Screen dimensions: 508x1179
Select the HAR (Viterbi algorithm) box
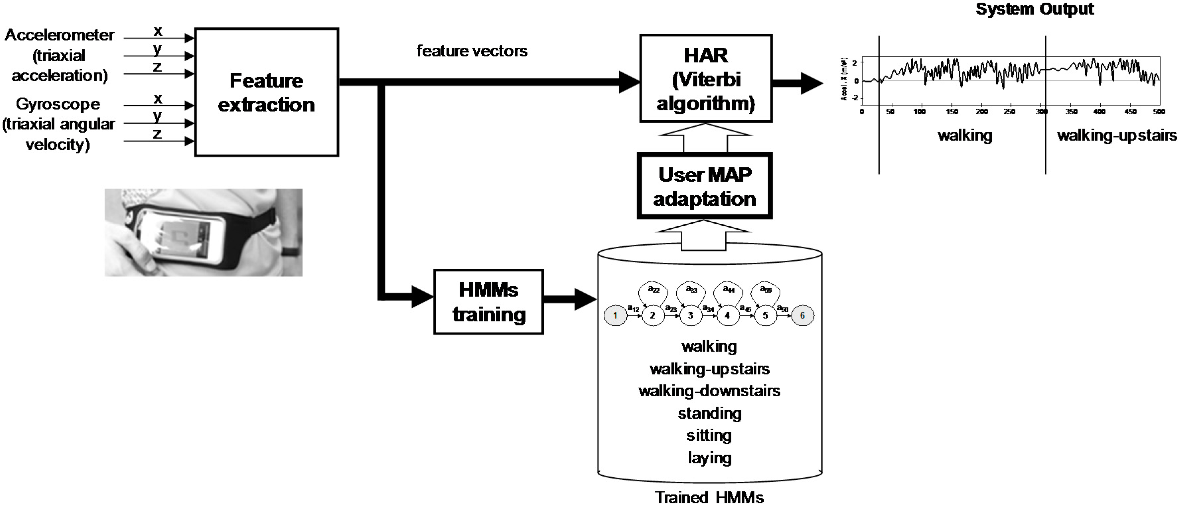[705, 79]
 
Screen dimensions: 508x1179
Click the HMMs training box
[488, 302]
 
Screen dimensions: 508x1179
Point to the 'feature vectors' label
[471, 51]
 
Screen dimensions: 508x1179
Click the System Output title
[1034, 9]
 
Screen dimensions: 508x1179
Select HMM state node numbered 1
[615, 315]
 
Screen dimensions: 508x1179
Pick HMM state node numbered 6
[802, 315]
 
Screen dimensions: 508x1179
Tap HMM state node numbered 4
[727, 315]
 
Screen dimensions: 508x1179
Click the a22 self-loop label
[653, 289]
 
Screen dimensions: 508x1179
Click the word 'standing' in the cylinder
[709, 413]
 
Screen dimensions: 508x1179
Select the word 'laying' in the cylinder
[709, 458]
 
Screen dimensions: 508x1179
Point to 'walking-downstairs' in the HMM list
[709, 391]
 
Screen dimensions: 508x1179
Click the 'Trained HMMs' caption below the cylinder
[709, 497]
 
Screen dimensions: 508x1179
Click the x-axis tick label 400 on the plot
[1099, 112]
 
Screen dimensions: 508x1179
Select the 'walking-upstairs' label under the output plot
[1117, 135]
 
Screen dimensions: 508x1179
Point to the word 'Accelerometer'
[59, 35]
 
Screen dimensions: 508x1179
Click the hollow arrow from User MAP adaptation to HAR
[705, 137]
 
